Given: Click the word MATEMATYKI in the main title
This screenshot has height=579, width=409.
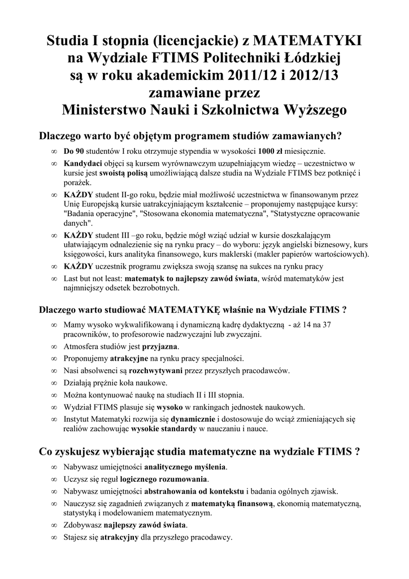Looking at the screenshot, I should [x=307, y=41].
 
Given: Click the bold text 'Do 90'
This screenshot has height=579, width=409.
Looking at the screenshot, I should [x=74, y=152].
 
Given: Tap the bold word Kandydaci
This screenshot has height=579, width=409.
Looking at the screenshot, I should [x=85, y=163].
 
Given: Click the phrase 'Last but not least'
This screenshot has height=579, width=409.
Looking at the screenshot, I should [x=93, y=278].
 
